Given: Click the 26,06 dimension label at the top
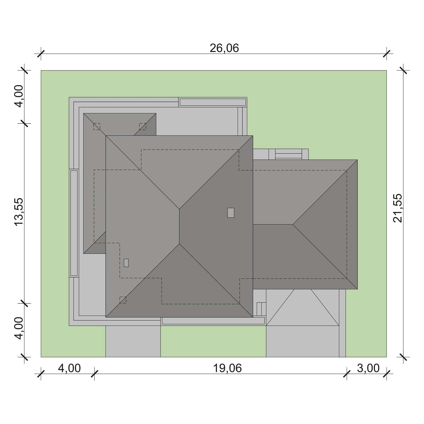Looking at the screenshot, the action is pos(224,48).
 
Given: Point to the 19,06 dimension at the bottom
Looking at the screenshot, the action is pos(227,368).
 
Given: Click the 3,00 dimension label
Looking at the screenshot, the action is pos(368,368).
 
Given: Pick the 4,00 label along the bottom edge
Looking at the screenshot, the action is pos(69,368).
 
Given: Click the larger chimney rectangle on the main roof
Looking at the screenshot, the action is pos(231,213).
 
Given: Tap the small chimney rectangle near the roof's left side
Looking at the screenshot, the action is pos(126,263).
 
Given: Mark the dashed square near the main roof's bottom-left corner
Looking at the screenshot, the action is pos(123,300).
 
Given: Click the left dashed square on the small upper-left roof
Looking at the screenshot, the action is pos(97,126).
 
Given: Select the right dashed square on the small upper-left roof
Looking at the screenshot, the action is pos(143,126).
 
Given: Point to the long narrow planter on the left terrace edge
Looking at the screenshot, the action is pos(74,223).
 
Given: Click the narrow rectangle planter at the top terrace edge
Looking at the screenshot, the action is pos(213,102).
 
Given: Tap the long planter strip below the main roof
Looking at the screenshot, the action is pos(213,321).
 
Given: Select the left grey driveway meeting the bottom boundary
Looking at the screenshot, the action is pos(133,341).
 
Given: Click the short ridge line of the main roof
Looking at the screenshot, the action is pos(179,226).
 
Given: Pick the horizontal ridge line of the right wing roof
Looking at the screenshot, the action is pos(273,224).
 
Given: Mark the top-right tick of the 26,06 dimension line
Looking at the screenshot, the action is pos(386,54).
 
